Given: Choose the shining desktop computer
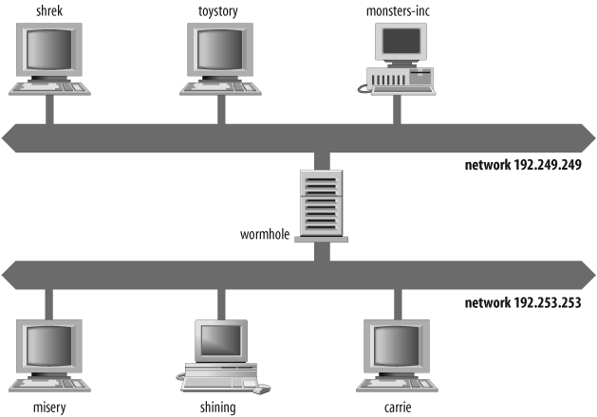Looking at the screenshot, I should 221,355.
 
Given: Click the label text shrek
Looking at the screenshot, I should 49,9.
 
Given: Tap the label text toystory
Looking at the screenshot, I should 221,9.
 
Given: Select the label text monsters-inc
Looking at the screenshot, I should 398,9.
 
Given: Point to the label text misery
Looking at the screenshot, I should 49,408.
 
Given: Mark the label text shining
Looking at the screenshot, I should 220,408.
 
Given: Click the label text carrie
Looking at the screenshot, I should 398,408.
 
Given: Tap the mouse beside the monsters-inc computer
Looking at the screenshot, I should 364,89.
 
